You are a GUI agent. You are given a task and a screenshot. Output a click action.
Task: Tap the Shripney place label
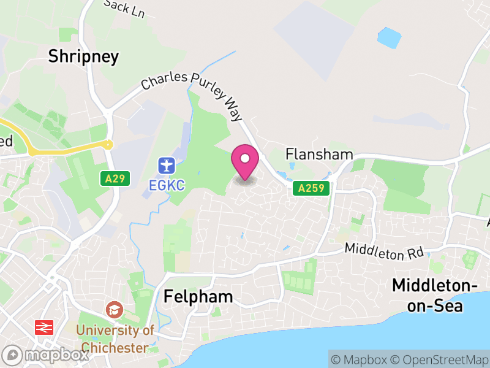[83, 57]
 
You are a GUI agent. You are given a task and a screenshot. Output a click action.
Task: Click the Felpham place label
[198, 297]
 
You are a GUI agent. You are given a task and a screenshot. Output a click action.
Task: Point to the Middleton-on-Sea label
[435, 295]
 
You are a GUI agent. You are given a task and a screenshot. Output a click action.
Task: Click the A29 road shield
[113, 178]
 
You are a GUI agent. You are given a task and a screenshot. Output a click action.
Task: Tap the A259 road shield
[311, 188]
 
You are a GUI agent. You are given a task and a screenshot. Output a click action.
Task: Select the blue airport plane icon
[166, 165]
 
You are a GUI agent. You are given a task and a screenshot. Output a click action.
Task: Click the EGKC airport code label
[166, 183]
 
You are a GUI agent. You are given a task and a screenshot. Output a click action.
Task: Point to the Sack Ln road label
[124, 8]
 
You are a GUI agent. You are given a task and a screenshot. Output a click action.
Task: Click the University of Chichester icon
[113, 309]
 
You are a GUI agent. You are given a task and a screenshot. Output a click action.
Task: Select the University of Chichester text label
[116, 339]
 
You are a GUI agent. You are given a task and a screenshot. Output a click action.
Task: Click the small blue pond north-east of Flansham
[389, 37]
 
